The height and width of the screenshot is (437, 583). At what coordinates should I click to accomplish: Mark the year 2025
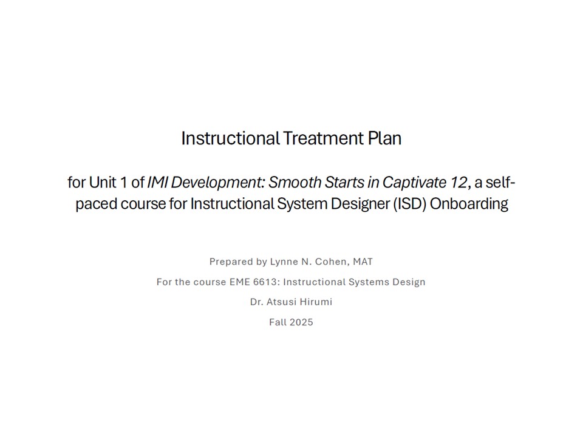click(x=301, y=322)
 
